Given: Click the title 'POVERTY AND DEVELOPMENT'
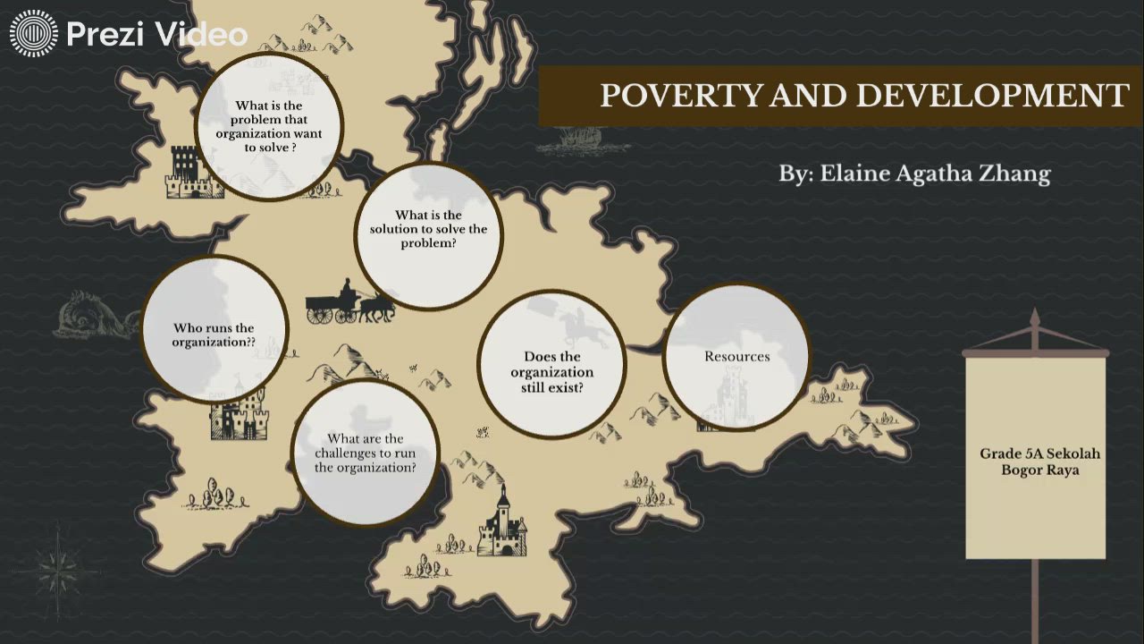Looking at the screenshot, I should tap(863, 95).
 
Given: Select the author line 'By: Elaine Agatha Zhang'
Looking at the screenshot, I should tap(913, 174).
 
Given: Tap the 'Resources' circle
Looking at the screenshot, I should tap(736, 356).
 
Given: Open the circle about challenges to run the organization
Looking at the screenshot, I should tap(365, 453).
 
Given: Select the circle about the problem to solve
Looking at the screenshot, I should tap(268, 126).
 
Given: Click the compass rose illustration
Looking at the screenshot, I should tap(60, 561).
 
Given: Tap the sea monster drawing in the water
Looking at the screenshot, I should tap(89, 315).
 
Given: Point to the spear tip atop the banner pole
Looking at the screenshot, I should tap(1035, 318).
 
